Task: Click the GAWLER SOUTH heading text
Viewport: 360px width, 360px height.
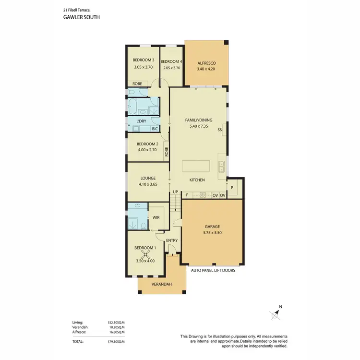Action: tap(81, 16)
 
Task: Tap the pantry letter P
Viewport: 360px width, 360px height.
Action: tap(232, 188)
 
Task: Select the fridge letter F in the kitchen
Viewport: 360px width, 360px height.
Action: tap(187, 195)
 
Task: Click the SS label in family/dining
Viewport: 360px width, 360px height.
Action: tap(219, 130)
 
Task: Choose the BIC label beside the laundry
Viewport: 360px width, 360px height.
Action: tap(155, 129)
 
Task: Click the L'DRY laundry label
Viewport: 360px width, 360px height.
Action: tap(141, 121)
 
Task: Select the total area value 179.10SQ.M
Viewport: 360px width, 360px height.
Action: tap(116, 341)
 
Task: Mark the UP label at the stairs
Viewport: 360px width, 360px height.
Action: tap(176, 192)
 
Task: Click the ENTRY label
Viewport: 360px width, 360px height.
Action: tap(171, 240)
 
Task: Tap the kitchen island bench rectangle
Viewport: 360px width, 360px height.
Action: tap(196, 166)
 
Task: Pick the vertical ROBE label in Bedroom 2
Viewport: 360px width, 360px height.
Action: tap(167, 152)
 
